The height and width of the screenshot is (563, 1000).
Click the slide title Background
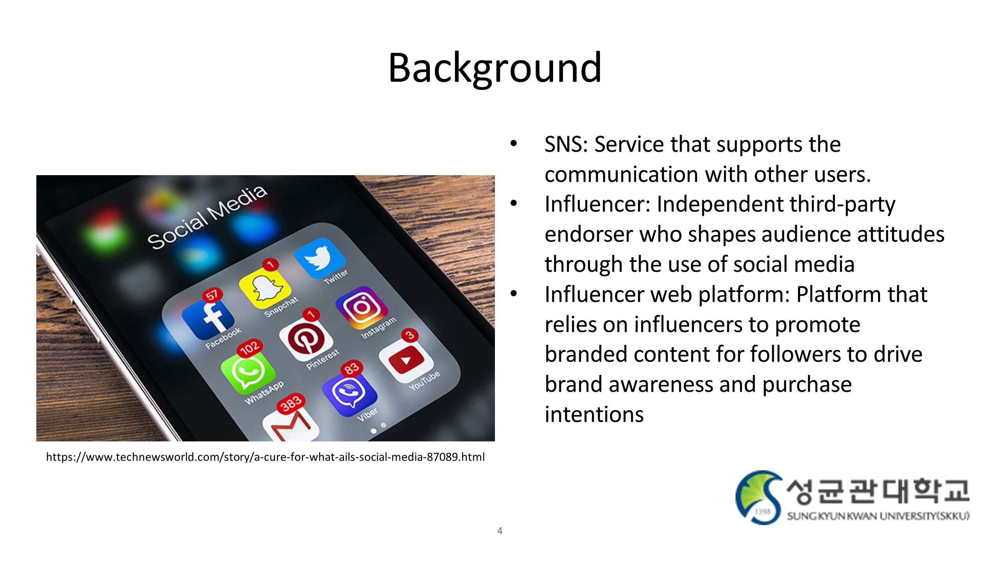click(x=495, y=68)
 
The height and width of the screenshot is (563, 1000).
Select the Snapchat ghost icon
click(x=265, y=289)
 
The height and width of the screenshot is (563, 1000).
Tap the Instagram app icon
click(x=362, y=307)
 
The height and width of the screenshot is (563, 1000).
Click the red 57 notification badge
click(x=212, y=295)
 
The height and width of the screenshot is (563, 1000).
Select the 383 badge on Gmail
click(x=291, y=403)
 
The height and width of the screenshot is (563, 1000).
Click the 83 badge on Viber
click(x=352, y=368)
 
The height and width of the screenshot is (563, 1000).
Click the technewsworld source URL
click(x=265, y=457)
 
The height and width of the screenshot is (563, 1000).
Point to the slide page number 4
click(x=500, y=531)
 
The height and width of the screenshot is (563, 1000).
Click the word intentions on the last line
click(x=594, y=414)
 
